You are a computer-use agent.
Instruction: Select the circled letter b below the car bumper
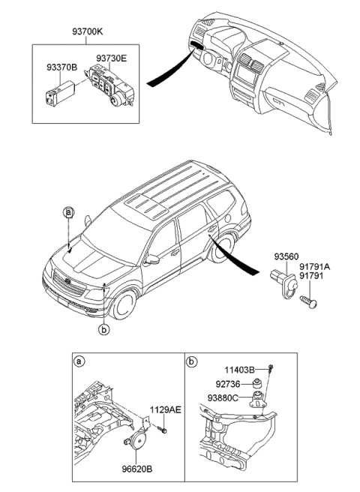[104, 328]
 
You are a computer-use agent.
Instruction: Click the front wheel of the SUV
[125, 304]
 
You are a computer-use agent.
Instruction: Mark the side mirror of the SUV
[153, 260]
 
